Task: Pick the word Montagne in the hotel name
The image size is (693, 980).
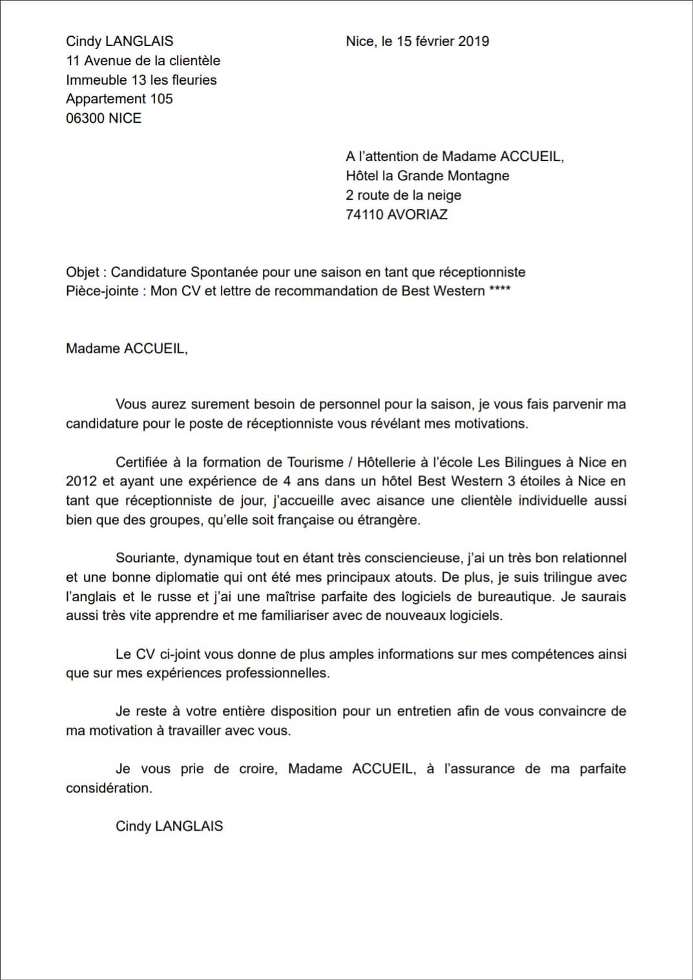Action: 479,176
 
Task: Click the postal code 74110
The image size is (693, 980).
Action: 364,215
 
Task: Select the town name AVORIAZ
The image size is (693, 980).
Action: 417,215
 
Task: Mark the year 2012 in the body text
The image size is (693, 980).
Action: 81,481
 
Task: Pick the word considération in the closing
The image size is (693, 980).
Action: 109,788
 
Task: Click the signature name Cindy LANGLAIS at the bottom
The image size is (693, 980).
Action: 169,826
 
